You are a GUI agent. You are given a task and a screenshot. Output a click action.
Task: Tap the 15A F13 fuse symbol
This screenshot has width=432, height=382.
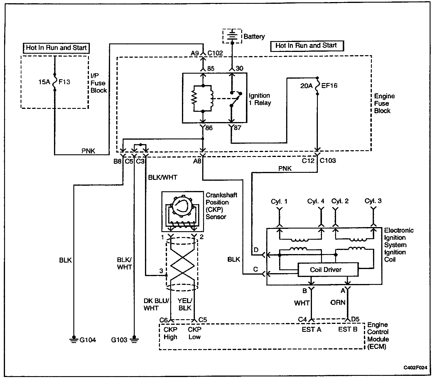55,82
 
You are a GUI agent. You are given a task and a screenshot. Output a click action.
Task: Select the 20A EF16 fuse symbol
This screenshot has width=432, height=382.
317,86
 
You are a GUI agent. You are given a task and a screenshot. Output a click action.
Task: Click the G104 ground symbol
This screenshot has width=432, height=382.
74,339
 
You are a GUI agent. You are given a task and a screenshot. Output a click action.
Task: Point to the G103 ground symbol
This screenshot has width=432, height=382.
134,339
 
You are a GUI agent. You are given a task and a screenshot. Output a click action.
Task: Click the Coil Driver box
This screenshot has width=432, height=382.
328,270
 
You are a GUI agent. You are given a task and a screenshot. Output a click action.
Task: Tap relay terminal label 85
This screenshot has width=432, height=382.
211,68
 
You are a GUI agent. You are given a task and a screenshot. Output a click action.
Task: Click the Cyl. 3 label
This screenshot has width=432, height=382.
373,201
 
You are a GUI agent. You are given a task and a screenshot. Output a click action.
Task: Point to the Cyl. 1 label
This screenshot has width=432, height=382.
279,201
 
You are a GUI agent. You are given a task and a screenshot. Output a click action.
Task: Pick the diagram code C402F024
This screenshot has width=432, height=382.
415,368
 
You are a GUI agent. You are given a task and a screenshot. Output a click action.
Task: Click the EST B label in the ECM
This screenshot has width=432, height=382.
347,329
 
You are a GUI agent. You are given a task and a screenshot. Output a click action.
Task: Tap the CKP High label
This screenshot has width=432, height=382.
171,333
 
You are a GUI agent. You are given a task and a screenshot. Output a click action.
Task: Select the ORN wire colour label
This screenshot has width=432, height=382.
338,302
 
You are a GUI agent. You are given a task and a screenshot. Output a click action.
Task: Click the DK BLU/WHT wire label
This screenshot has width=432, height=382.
156,305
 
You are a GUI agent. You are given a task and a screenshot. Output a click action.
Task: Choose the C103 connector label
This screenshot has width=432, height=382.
328,160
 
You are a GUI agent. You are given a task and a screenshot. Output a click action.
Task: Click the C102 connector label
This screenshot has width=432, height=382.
215,53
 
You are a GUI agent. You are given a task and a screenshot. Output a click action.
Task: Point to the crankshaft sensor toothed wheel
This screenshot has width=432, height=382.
183,206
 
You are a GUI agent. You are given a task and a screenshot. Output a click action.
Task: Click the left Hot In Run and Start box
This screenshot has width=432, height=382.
56,48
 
